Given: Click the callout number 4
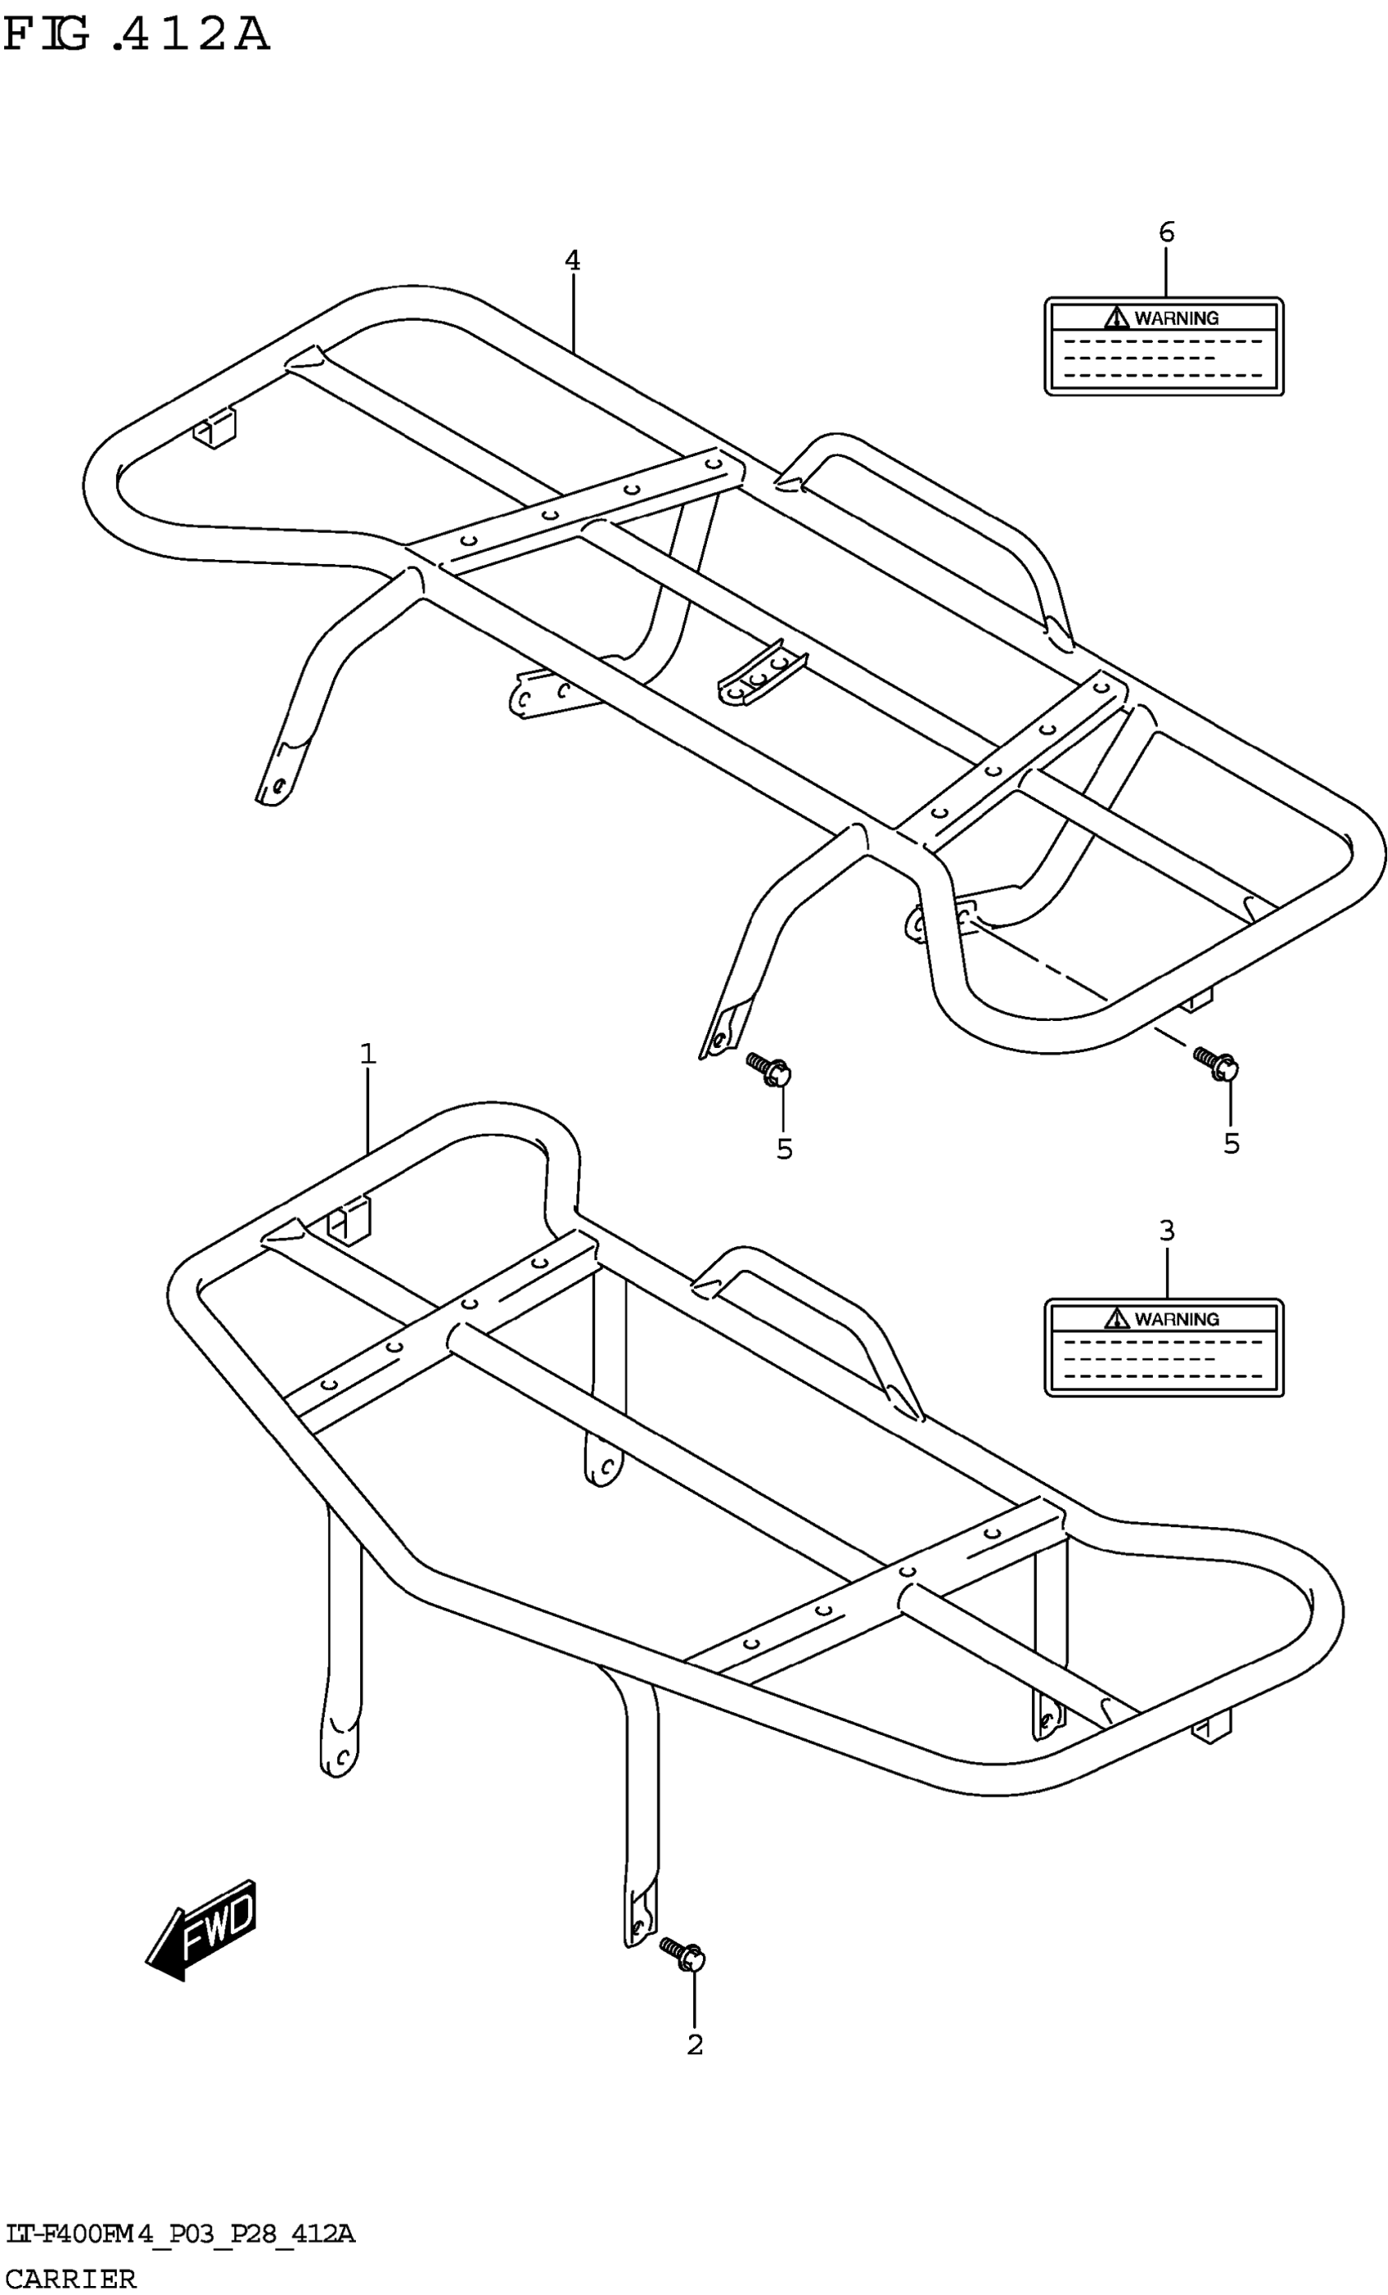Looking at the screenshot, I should [x=572, y=261].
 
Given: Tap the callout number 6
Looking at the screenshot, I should [x=1166, y=232].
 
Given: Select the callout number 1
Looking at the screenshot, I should [x=368, y=1054].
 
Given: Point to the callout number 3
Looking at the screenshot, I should [x=1166, y=1231].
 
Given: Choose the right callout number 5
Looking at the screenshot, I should [x=1231, y=1143].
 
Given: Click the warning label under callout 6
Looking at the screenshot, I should [x=1163, y=347].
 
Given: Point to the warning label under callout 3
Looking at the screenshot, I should [x=1163, y=1347].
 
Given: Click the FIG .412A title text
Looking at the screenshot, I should [x=137, y=34].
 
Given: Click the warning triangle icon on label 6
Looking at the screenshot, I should [x=1116, y=318].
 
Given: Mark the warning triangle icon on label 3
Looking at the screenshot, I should [x=1116, y=1319].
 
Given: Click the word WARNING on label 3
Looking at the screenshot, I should [x=1177, y=1319].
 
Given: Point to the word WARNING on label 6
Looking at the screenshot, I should [x=1177, y=318].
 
